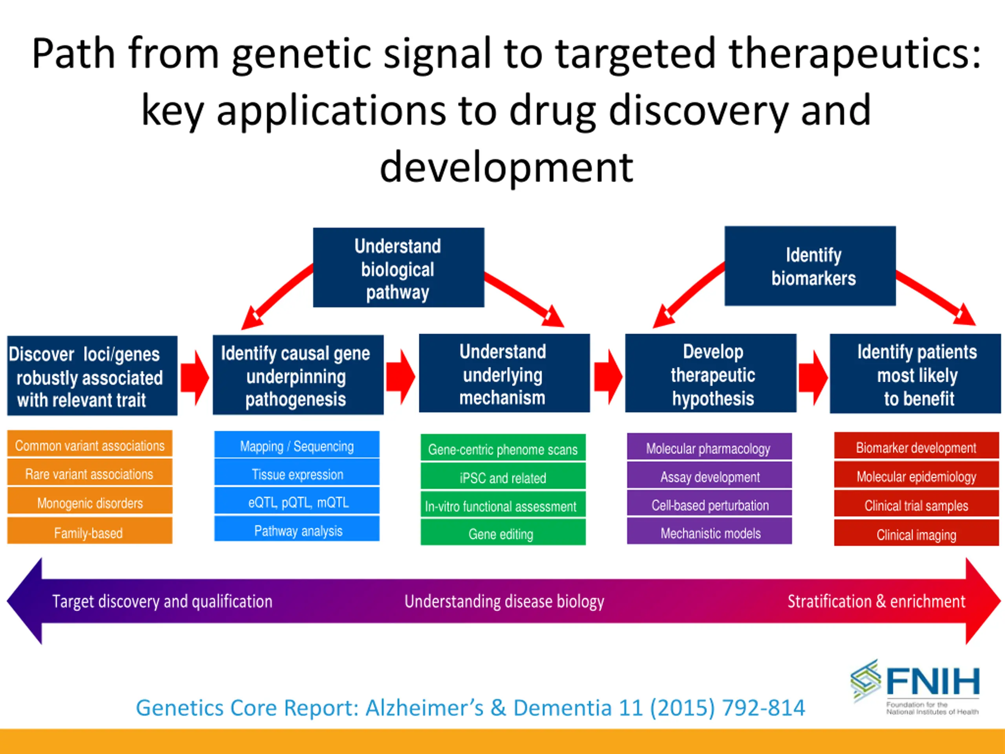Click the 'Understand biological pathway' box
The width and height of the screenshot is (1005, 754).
point(398,267)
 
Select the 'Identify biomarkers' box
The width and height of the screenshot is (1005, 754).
point(810,266)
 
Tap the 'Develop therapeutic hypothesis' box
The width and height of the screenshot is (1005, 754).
point(711,373)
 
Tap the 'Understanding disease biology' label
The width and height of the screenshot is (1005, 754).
point(504,601)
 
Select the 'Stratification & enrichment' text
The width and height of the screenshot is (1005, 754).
point(876,601)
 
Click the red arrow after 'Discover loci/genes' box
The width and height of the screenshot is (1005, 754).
point(195,378)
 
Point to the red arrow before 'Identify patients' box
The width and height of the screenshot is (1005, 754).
point(813,378)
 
